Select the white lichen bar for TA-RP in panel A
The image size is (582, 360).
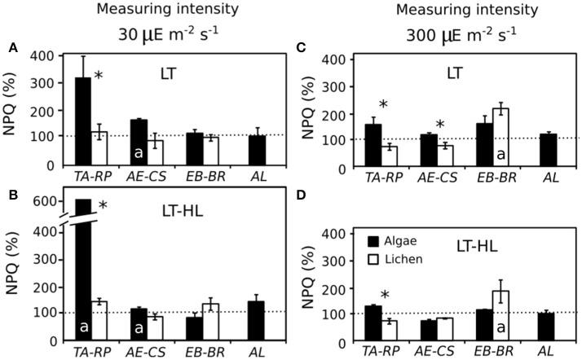coord(99,147)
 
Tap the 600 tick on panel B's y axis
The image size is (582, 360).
coord(38,202)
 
